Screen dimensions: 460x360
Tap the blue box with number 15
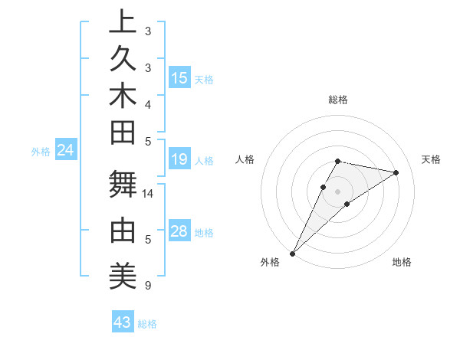pyautogui.click(x=179, y=78)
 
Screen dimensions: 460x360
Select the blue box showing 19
pyautogui.click(x=179, y=159)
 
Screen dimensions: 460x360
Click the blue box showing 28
pyautogui.click(x=179, y=231)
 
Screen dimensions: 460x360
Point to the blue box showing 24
pyautogui.click(x=66, y=151)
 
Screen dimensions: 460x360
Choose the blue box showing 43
pyautogui.click(x=123, y=322)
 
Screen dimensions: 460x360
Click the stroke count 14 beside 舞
pyautogui.click(x=149, y=194)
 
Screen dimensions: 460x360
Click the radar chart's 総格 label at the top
pyautogui.click(x=338, y=100)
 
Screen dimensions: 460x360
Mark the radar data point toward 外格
pyautogui.click(x=293, y=253)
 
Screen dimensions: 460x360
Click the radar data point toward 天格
pyautogui.click(x=396, y=172)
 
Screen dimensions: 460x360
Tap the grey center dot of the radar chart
pyautogui.click(x=338, y=191)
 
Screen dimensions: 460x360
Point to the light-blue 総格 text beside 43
pyautogui.click(x=147, y=324)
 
